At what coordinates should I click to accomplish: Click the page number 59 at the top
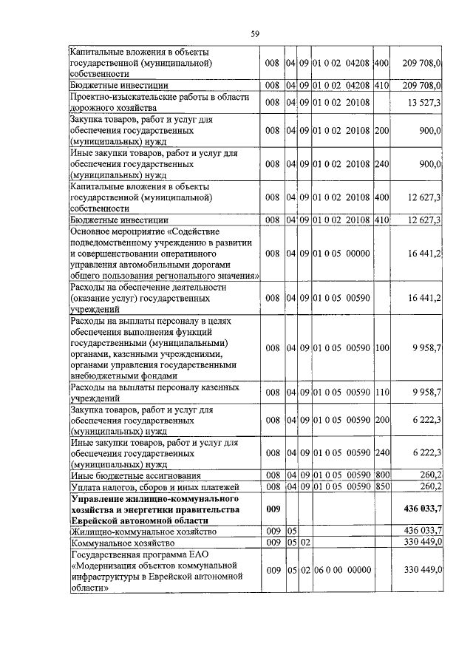click(254, 34)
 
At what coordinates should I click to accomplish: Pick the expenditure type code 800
click(381, 474)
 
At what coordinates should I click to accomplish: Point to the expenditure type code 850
click(381, 486)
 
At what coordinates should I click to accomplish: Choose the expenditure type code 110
click(381, 391)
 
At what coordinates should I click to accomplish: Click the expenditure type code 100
click(381, 347)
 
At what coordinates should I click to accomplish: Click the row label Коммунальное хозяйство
click(121, 543)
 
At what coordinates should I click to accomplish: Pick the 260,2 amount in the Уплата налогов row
click(430, 486)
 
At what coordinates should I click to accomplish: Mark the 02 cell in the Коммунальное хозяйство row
click(304, 543)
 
